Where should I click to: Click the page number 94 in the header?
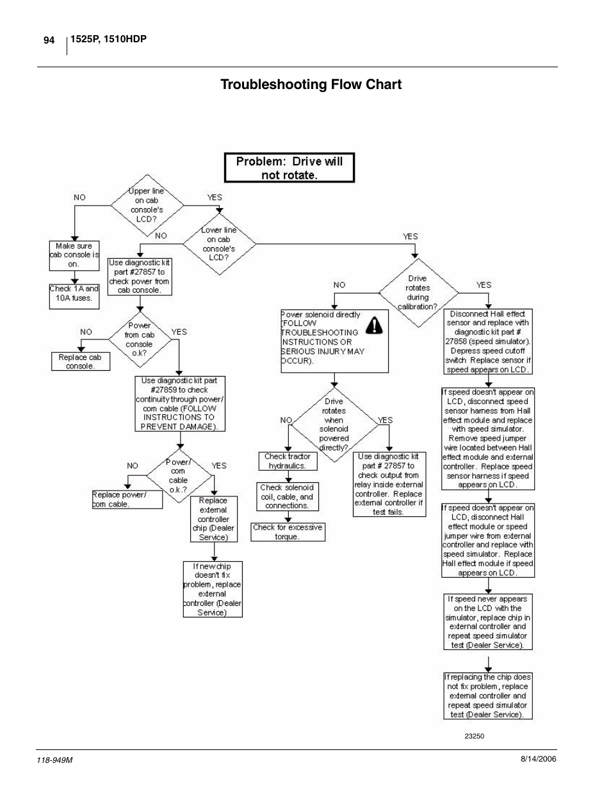[x=49, y=40]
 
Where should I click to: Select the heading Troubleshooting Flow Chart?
[x=311, y=85]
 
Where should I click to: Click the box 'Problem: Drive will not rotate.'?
[x=289, y=168]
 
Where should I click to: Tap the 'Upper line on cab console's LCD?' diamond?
[x=147, y=205]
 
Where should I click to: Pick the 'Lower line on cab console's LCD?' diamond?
[x=219, y=244]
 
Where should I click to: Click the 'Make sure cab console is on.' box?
[x=74, y=255]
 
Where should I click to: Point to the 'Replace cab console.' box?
[x=80, y=362]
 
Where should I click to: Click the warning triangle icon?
[x=373, y=327]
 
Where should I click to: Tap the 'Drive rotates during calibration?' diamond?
[x=418, y=293]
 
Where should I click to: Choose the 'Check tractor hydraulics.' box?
[x=287, y=461]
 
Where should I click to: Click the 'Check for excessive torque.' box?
[x=287, y=532]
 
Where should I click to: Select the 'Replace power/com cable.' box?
[x=127, y=500]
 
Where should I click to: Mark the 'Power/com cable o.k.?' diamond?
[x=178, y=476]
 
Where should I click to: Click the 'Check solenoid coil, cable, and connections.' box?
[x=287, y=496]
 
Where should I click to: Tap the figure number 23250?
[x=474, y=736]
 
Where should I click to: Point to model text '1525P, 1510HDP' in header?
[x=108, y=40]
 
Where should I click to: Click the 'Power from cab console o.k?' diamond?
[x=139, y=339]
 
